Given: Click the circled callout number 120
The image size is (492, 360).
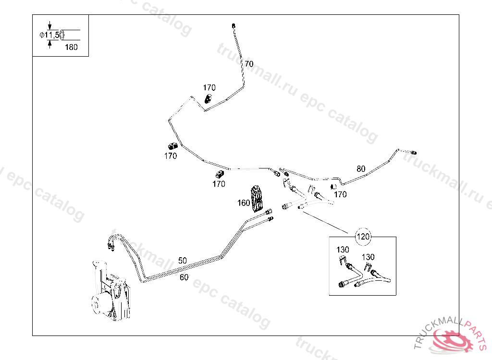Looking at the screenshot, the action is click(363, 236).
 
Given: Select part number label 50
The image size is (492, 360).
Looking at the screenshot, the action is click(182, 261).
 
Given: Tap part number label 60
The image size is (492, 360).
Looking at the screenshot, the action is click(184, 277).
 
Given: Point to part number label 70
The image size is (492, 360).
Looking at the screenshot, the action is click(249, 64).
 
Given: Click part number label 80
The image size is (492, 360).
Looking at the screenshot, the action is click(361, 168).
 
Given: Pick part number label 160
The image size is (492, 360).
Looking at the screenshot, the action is click(244, 203).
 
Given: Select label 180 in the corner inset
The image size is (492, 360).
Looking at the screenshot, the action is click(71, 47).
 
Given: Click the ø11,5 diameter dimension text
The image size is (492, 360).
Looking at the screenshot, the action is click(49, 35).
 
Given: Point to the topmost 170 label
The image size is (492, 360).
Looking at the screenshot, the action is click(209, 88).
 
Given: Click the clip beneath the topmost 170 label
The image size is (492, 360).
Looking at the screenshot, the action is click(208, 99).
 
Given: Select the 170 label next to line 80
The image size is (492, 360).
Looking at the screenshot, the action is click(340, 194).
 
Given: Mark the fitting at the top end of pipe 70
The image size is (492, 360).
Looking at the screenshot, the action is click(233, 24).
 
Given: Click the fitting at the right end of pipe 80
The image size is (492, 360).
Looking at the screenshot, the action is click(413, 152).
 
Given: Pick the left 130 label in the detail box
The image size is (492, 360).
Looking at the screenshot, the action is click(343, 250).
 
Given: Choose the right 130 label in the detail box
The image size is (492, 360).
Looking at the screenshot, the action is click(368, 257).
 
